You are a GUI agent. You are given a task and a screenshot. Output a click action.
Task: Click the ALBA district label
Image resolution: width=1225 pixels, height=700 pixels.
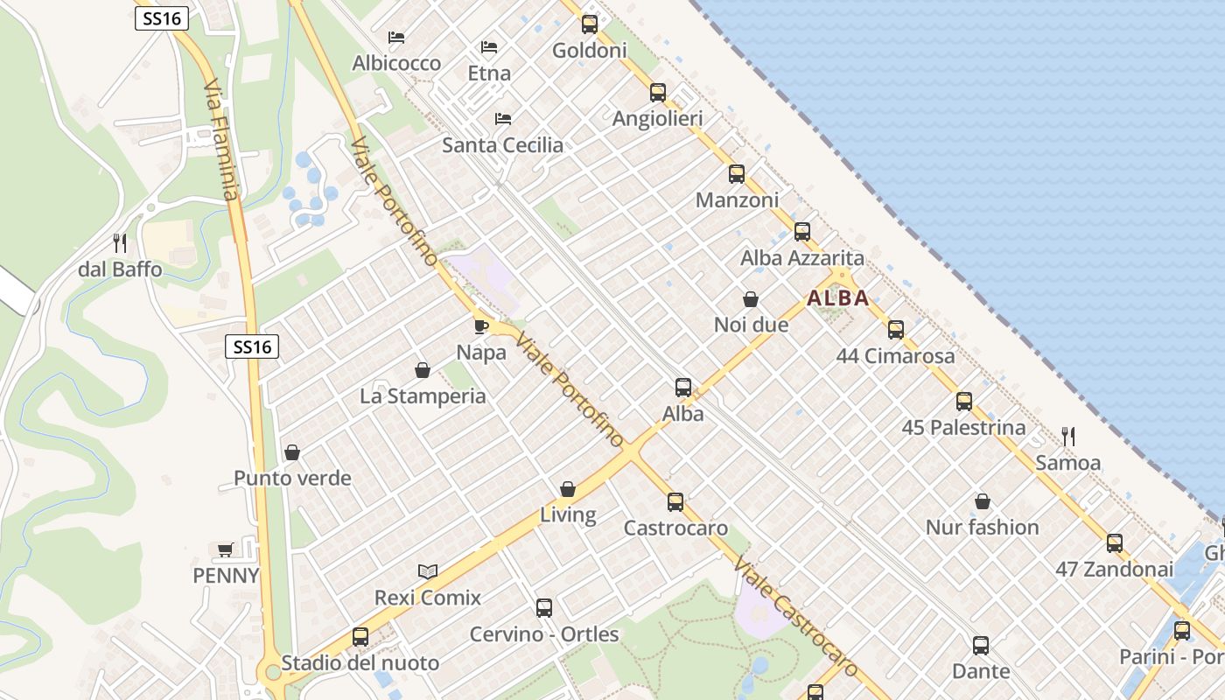[838, 298]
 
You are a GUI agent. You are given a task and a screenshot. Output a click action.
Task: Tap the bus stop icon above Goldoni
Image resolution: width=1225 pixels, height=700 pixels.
[590, 24]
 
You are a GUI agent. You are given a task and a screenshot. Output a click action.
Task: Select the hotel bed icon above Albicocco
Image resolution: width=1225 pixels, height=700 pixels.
[396, 38]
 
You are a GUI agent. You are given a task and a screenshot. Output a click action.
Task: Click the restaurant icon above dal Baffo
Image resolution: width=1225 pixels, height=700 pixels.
[120, 243]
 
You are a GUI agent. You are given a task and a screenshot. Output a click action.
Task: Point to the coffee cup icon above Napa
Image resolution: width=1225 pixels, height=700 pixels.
[480, 326]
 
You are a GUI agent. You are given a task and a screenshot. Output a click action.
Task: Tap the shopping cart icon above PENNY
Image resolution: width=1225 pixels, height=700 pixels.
[226, 549]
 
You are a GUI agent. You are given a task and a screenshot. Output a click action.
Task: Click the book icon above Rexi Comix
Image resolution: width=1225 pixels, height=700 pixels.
[427, 571]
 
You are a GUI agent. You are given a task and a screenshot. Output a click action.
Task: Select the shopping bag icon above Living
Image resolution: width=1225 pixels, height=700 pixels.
[568, 489]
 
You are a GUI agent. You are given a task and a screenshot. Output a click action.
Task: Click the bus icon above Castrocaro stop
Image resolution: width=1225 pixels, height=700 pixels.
[675, 502]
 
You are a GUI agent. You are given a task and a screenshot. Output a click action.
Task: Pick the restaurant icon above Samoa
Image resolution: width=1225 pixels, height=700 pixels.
[1067, 436]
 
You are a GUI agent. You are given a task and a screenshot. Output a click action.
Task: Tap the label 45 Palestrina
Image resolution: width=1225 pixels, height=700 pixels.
[963, 428]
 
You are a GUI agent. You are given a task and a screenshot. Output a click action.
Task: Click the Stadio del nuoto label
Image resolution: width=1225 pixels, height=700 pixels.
[360, 663]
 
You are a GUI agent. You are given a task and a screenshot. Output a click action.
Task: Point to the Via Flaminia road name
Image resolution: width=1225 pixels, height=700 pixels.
[220, 140]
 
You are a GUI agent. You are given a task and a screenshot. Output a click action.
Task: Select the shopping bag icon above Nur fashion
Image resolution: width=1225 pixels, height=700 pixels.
[983, 501]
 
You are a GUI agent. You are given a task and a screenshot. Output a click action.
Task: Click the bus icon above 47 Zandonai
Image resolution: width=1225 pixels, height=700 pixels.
[1114, 542]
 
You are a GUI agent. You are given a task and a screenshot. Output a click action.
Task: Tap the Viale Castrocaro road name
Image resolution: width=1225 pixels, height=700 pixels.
[795, 616]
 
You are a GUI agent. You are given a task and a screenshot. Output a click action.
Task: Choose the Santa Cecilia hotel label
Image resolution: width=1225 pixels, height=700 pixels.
[502, 145]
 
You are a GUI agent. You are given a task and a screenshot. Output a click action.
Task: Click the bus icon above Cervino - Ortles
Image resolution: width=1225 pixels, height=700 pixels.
[543, 608]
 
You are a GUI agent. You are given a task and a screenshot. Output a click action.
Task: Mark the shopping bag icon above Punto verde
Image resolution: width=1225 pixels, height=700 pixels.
[292, 452]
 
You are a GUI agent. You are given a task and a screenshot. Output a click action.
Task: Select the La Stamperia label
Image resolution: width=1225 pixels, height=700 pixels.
[423, 396]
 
